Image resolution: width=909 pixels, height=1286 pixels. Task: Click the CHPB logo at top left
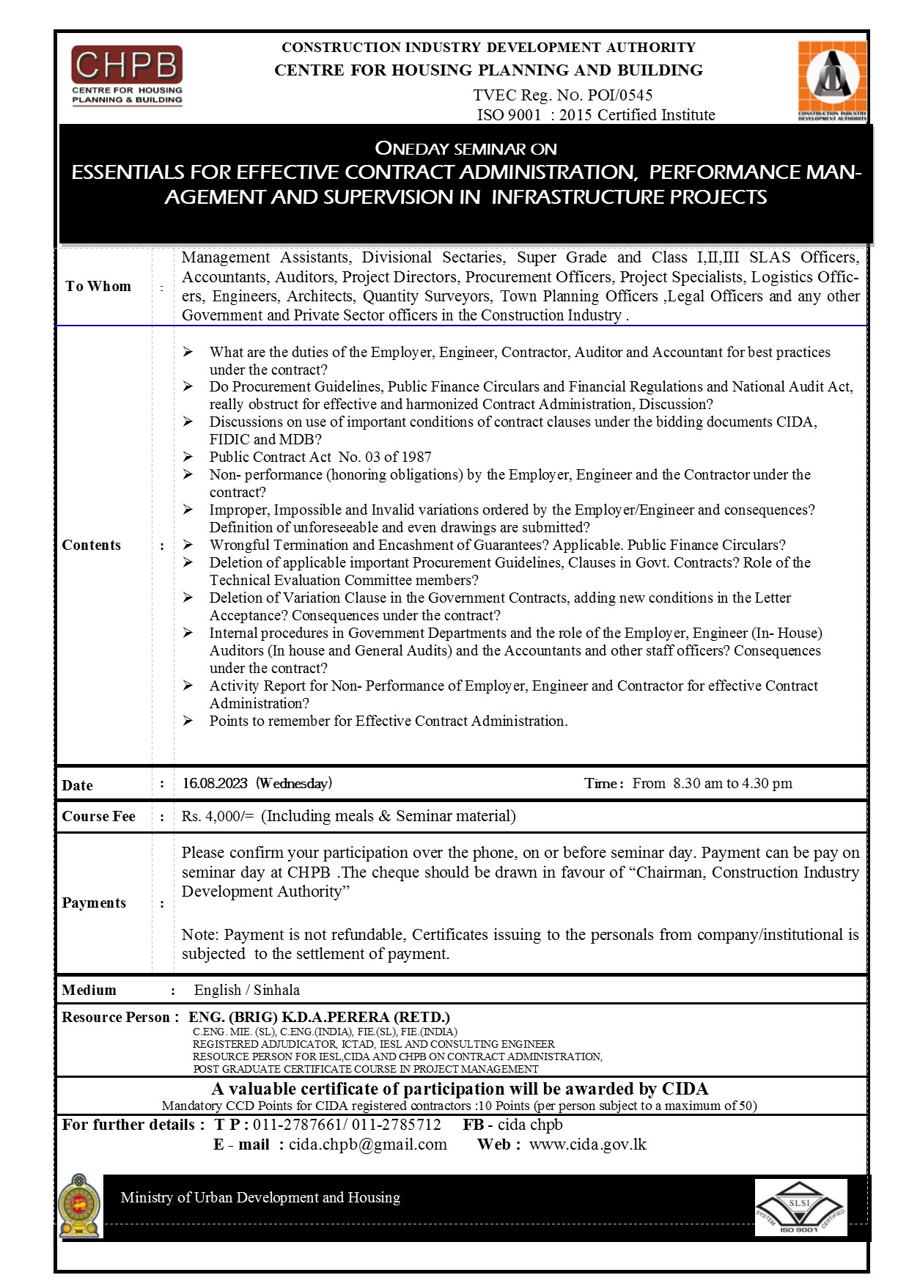point(127,76)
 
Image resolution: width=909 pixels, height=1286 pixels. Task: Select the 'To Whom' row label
point(98,286)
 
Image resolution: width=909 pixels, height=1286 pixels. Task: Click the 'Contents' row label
point(92,545)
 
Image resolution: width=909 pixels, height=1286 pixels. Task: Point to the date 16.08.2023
point(215,783)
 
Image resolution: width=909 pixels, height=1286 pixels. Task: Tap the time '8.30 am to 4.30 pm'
point(732,783)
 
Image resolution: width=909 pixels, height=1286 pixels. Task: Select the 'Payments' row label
point(94,903)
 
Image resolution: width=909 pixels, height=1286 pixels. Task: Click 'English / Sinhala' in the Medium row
point(247,990)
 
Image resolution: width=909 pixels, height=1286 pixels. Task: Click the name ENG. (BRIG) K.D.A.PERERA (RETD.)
point(319,1017)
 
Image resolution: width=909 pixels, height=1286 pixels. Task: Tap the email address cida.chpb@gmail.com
point(368,1144)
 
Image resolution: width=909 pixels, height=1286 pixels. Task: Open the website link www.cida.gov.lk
point(588,1144)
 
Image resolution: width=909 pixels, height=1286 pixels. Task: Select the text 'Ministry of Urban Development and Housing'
point(260,1197)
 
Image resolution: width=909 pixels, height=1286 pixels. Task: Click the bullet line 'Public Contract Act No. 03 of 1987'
point(320,457)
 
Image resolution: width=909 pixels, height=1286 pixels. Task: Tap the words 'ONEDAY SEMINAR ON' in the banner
point(466,148)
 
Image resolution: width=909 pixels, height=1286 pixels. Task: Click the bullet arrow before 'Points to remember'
point(188,721)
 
